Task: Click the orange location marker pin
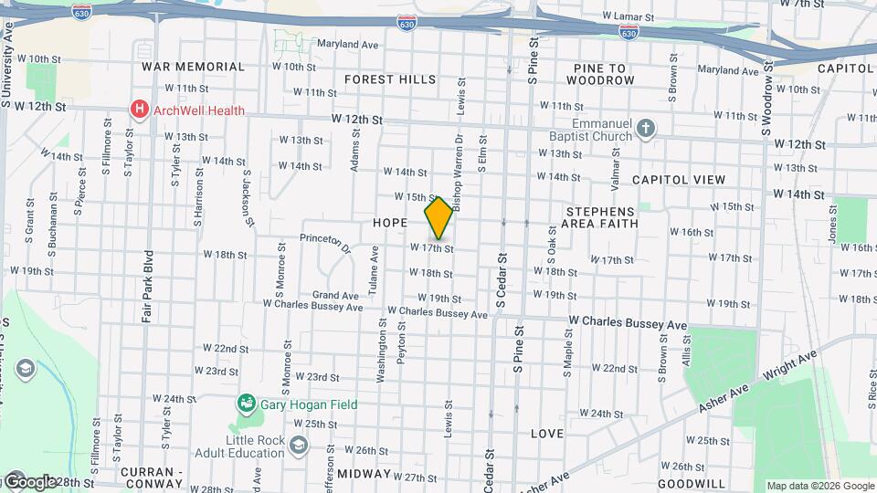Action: point(438,218)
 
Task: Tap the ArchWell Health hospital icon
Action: point(140,110)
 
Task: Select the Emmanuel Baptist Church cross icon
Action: point(646,128)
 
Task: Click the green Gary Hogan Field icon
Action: point(245,404)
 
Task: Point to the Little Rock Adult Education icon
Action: point(298,445)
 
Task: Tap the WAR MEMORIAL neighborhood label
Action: point(193,67)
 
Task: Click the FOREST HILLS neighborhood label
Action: point(390,79)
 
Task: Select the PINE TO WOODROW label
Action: point(599,74)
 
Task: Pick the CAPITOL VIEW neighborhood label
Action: point(678,180)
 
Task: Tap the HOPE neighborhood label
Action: point(390,223)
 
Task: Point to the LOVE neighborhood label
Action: point(546,434)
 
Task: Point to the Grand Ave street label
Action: point(335,296)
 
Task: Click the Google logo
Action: point(29,481)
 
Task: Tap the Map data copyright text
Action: point(819,486)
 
